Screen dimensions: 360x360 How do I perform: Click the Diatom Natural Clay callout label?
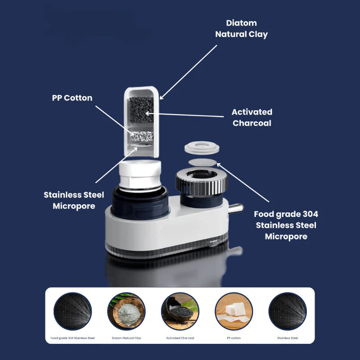tap(241, 28)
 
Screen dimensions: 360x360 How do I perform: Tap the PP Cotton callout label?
tap(72, 98)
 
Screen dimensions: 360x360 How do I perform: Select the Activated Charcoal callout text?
tap(252, 117)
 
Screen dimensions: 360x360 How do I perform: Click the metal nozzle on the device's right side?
tap(234, 208)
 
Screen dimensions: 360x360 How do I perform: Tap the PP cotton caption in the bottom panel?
tap(234, 337)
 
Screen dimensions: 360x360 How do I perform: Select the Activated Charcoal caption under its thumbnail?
tap(180, 337)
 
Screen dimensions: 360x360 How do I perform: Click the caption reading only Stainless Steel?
tap(288, 337)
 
